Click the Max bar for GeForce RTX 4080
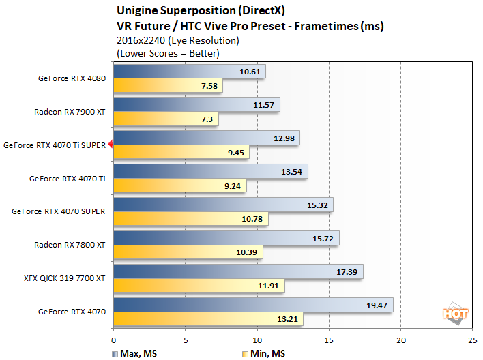point(189,72)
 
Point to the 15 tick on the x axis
point(329,337)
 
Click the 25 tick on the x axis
point(472,337)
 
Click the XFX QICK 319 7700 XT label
point(65,278)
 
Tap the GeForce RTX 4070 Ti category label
point(67,179)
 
